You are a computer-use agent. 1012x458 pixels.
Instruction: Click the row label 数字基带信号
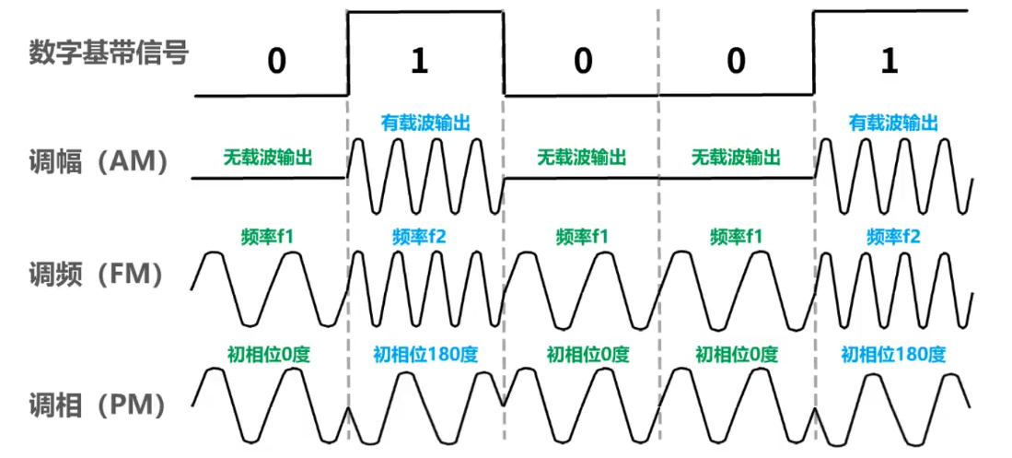pyautogui.click(x=108, y=53)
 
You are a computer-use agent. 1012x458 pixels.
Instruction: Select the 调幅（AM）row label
pyautogui.click(x=99, y=163)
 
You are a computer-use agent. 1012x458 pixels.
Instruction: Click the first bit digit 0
pyautogui.click(x=277, y=61)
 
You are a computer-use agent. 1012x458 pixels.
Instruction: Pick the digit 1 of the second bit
pyautogui.click(x=420, y=61)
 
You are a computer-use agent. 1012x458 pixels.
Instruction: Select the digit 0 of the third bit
pyautogui.click(x=582, y=61)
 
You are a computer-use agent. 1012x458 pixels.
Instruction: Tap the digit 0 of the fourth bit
pyautogui.click(x=735, y=61)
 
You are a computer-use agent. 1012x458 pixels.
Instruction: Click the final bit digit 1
pyautogui.click(x=889, y=61)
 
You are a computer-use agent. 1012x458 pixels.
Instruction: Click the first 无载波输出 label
pyautogui.click(x=267, y=158)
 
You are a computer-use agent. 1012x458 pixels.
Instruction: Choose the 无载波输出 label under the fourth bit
pyautogui.click(x=736, y=158)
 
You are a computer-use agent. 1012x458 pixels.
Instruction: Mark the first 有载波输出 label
pyautogui.click(x=425, y=122)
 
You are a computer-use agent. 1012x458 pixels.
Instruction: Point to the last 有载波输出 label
pyautogui.click(x=893, y=122)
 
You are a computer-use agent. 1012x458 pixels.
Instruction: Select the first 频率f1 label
pyautogui.click(x=268, y=237)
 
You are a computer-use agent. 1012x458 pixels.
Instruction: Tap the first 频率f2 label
pyautogui.click(x=425, y=237)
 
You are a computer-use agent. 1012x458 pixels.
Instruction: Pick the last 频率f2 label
pyautogui.click(x=893, y=237)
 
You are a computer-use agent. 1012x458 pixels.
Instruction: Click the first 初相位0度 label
pyautogui.click(x=268, y=354)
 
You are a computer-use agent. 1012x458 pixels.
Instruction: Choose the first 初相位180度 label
pyautogui.click(x=425, y=354)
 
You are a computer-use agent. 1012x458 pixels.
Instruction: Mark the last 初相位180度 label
pyautogui.click(x=893, y=354)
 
